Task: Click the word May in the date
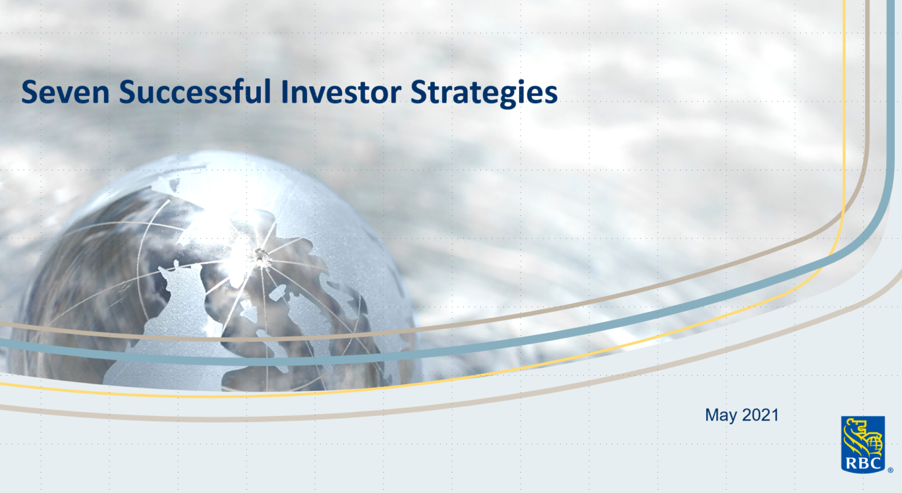tap(720, 415)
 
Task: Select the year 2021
tap(760, 415)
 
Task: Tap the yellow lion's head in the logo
tap(856, 429)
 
